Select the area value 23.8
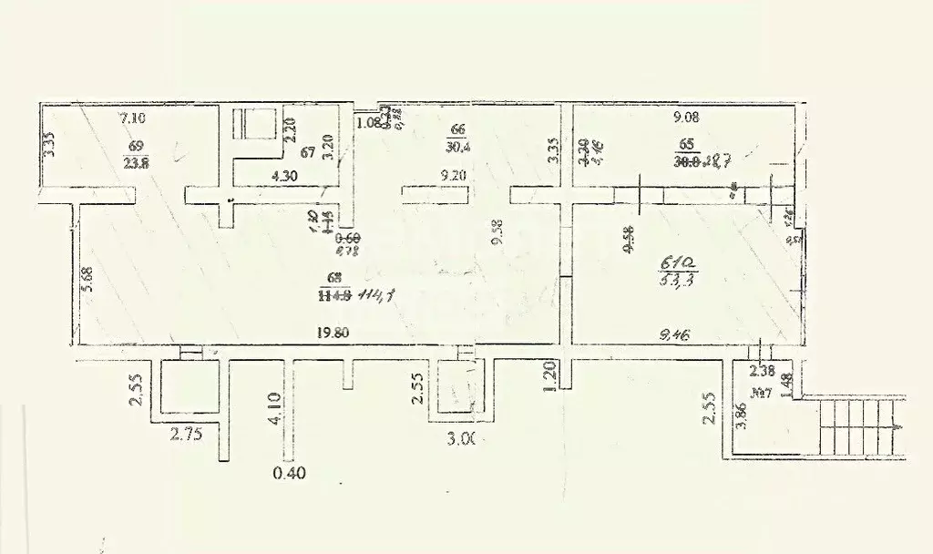tap(136, 165)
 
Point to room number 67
tap(308, 151)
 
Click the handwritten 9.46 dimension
tap(675, 335)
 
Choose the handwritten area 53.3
tap(674, 281)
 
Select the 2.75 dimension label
tap(185, 436)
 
